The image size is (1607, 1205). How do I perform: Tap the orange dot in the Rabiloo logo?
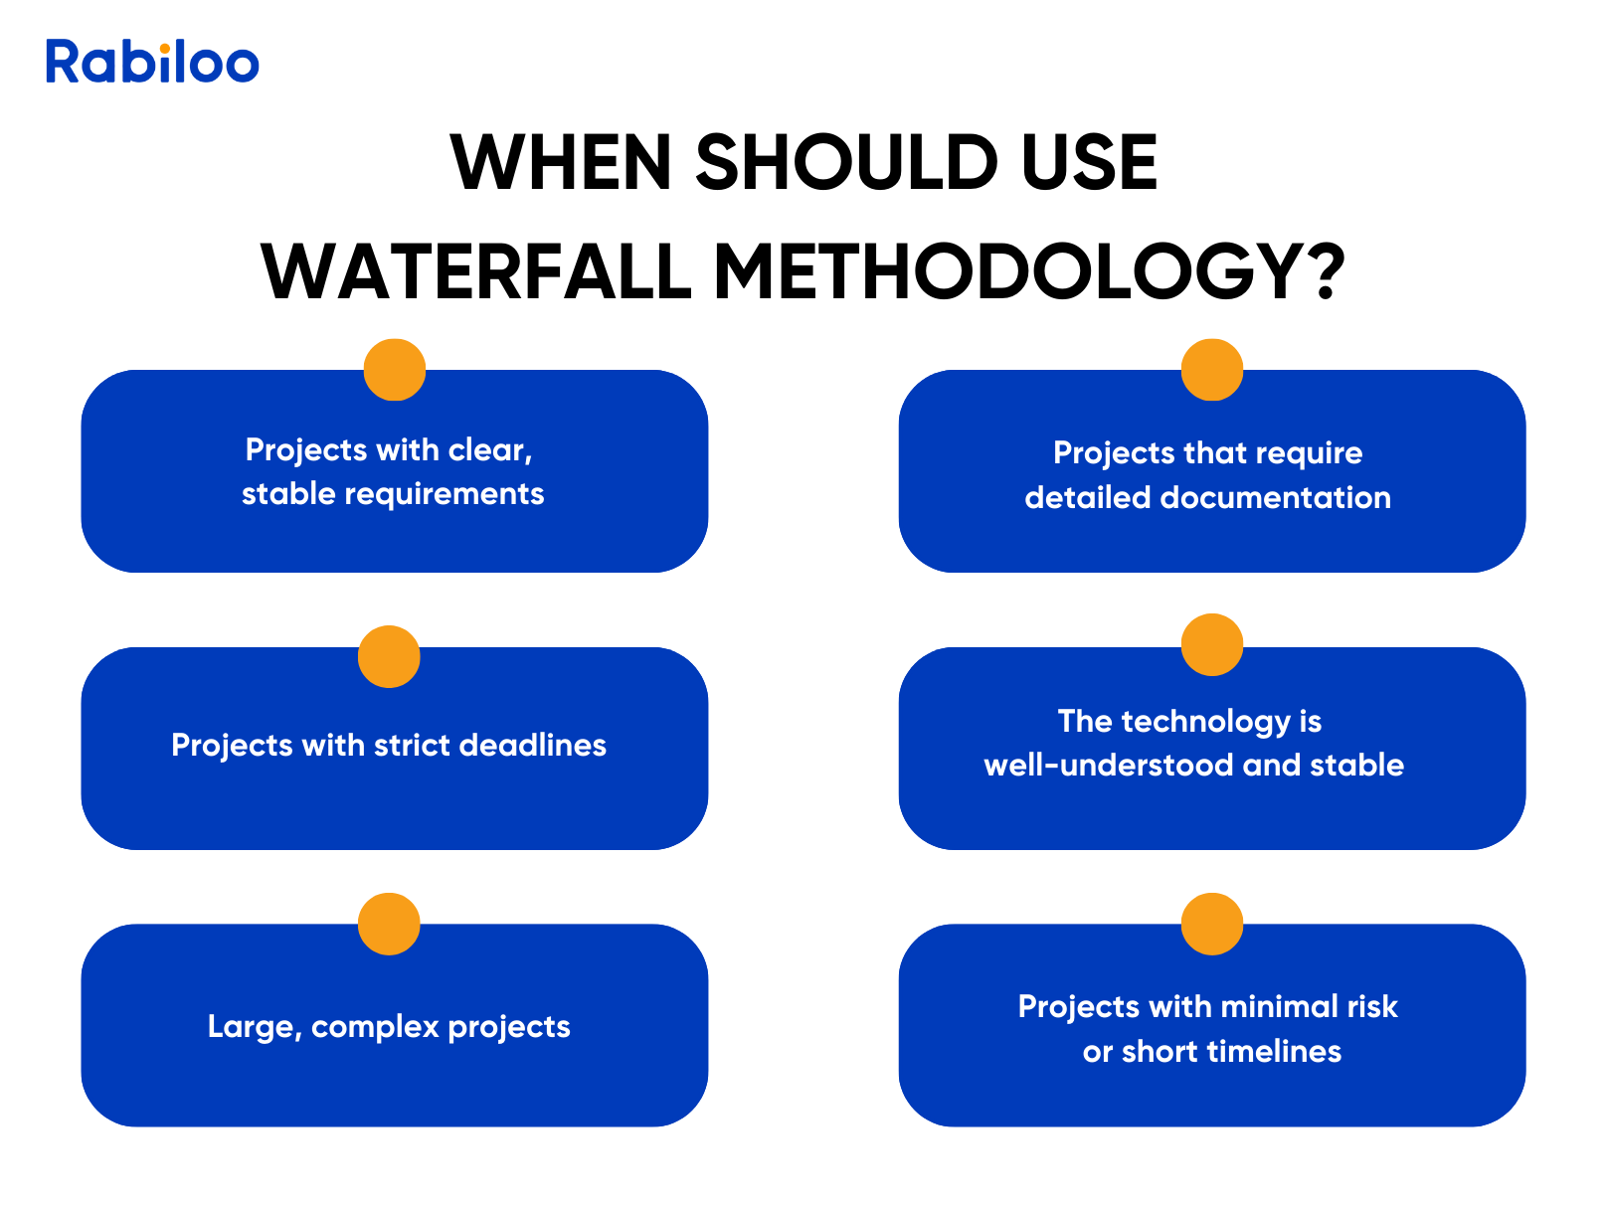(x=165, y=49)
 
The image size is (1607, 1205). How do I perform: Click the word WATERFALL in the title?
(x=475, y=271)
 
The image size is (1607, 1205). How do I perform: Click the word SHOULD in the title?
(x=845, y=162)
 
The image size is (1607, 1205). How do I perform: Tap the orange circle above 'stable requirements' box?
(x=395, y=370)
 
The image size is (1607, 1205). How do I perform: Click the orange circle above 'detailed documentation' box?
(x=1211, y=370)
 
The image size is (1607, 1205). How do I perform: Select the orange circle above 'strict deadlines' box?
(x=389, y=656)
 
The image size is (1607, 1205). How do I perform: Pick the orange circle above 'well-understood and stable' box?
(x=1211, y=644)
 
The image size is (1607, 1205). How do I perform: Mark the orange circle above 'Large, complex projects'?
(x=389, y=924)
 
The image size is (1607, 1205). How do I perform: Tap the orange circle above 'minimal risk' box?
(x=1211, y=924)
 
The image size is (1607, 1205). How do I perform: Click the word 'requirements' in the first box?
(x=445, y=495)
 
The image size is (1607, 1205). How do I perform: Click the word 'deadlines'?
(x=532, y=745)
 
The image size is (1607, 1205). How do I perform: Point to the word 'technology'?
(x=1206, y=722)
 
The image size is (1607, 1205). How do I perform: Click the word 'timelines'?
(x=1274, y=1051)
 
